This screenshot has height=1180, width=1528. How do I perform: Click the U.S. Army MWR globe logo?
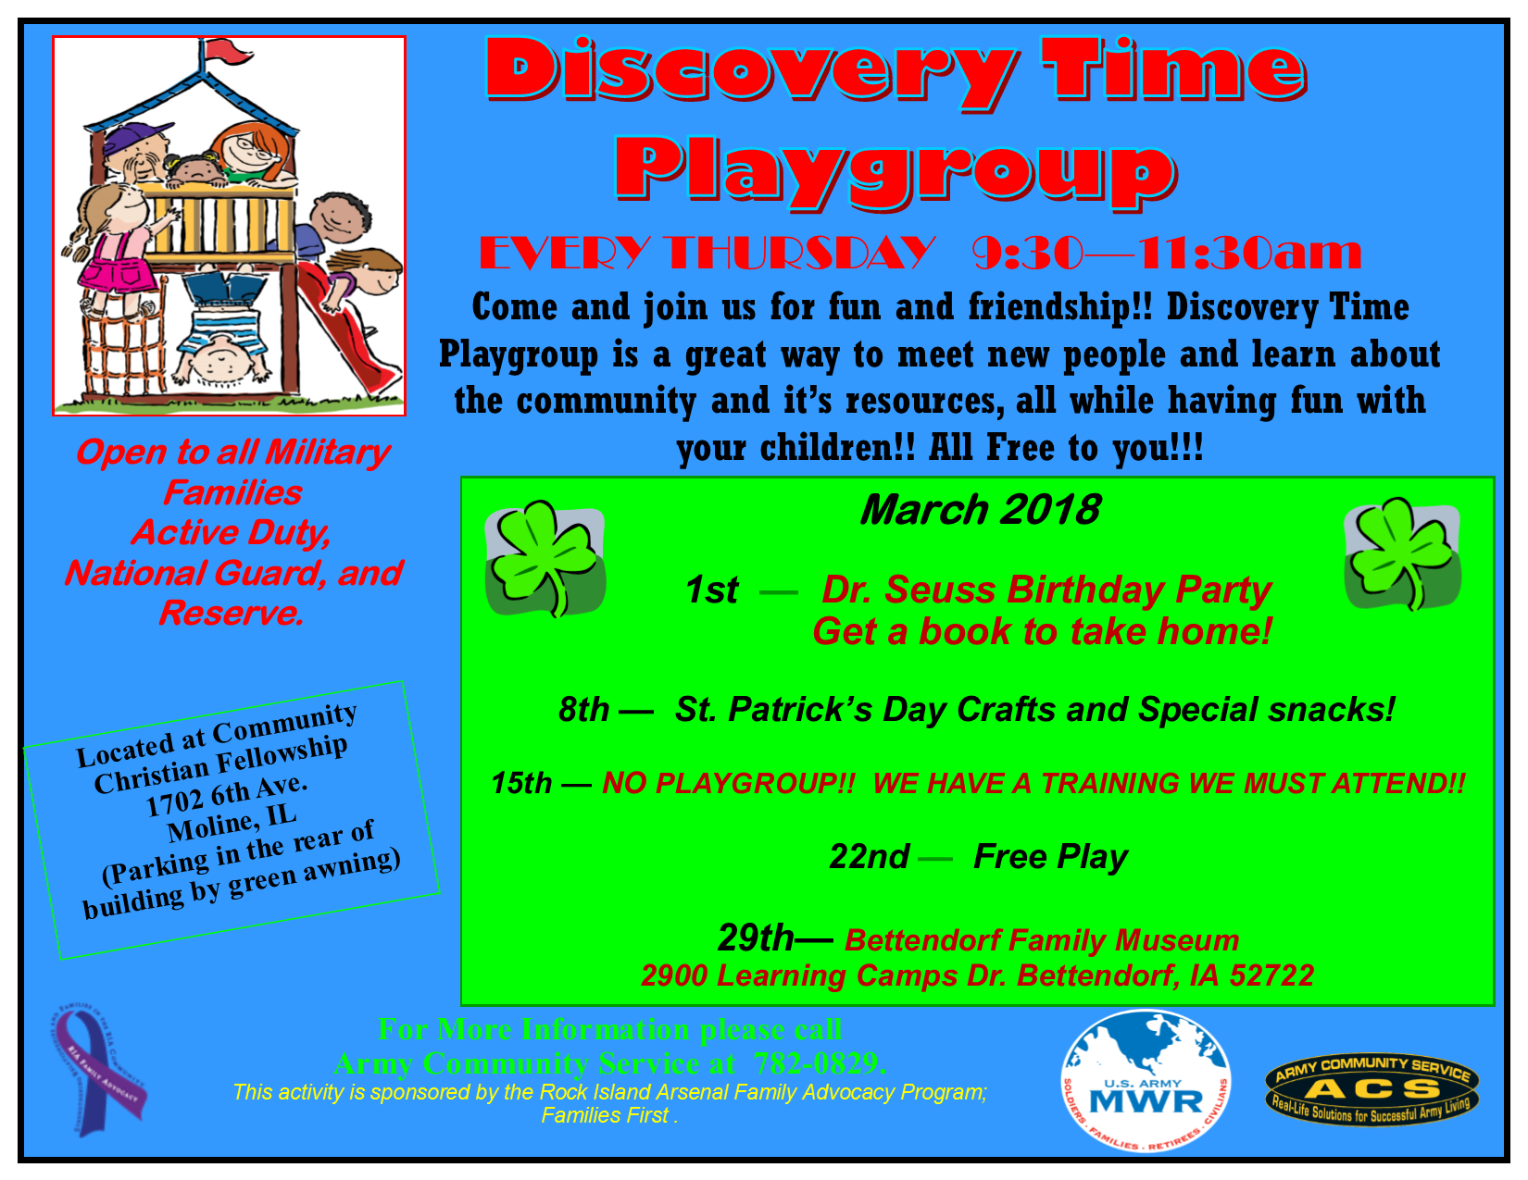click(x=1146, y=1081)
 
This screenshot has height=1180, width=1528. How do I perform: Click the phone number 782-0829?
click(x=818, y=1063)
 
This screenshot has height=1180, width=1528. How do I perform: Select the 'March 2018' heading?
click(x=980, y=510)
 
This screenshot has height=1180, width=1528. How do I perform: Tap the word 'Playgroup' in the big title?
click(x=896, y=171)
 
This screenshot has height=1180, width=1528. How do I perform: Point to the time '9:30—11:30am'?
click(x=1167, y=253)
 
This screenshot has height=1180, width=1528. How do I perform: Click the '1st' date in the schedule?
click(x=711, y=590)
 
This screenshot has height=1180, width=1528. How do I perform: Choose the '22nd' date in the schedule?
click(x=869, y=857)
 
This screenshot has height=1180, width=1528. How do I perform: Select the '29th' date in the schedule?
click(x=755, y=938)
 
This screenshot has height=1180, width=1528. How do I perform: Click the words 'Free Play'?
click(x=1050, y=857)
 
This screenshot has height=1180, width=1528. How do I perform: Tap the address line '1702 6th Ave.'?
click(x=226, y=794)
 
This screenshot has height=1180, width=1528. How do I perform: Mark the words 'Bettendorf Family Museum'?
click(x=1041, y=940)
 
